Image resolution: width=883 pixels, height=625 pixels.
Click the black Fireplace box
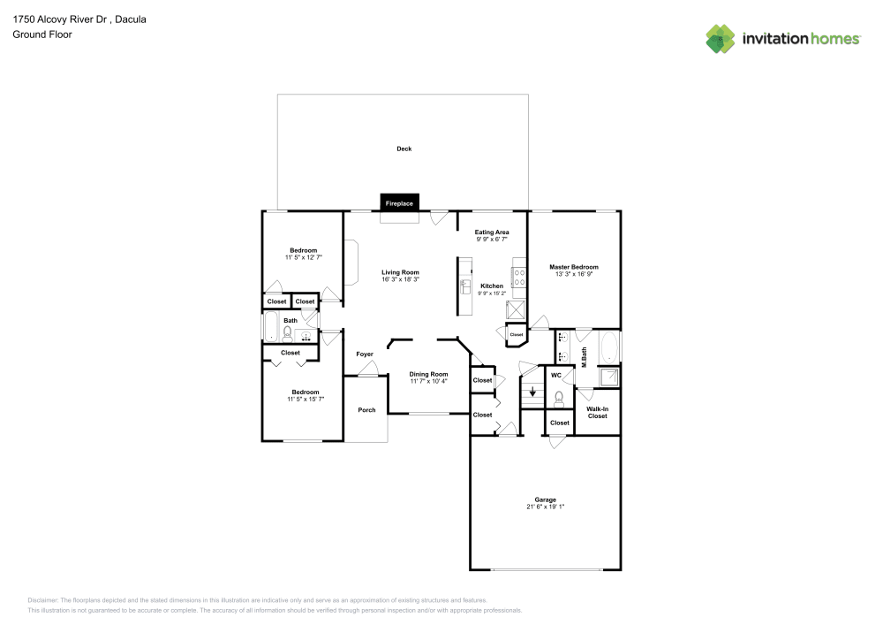398,203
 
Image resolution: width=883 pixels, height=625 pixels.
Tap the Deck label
404,149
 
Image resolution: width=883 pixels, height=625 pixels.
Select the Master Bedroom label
573,267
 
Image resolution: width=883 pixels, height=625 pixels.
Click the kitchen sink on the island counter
464,286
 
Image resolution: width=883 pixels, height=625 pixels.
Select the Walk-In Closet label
598,413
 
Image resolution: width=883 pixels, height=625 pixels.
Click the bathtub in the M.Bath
609,347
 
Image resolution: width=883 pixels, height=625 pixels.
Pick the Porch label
366,410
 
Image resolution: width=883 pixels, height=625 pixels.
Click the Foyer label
365,354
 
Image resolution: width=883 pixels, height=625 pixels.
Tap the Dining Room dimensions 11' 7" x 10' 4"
428,381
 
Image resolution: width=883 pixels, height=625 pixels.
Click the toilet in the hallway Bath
286,334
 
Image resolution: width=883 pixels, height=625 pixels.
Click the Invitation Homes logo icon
721,38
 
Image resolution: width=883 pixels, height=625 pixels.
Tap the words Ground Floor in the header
42,34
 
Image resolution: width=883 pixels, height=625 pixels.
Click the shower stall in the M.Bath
608,378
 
